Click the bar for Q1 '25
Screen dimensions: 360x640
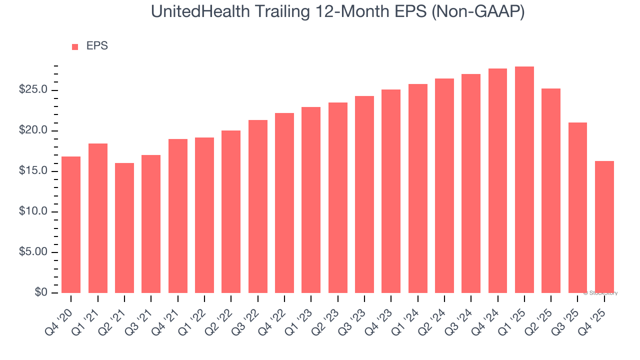(x=524, y=179)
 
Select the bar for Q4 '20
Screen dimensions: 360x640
(x=71, y=224)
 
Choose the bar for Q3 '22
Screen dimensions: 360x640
(x=257, y=206)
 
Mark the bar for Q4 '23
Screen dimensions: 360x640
(x=391, y=191)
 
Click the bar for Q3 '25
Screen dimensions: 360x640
(x=577, y=207)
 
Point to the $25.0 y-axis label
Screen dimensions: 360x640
(x=33, y=90)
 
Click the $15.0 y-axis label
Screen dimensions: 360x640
(x=33, y=171)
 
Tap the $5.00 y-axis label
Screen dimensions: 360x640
(x=33, y=252)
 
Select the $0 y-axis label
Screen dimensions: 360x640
(x=41, y=292)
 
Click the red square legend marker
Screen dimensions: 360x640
(x=75, y=46)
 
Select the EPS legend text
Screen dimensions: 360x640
(x=97, y=46)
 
